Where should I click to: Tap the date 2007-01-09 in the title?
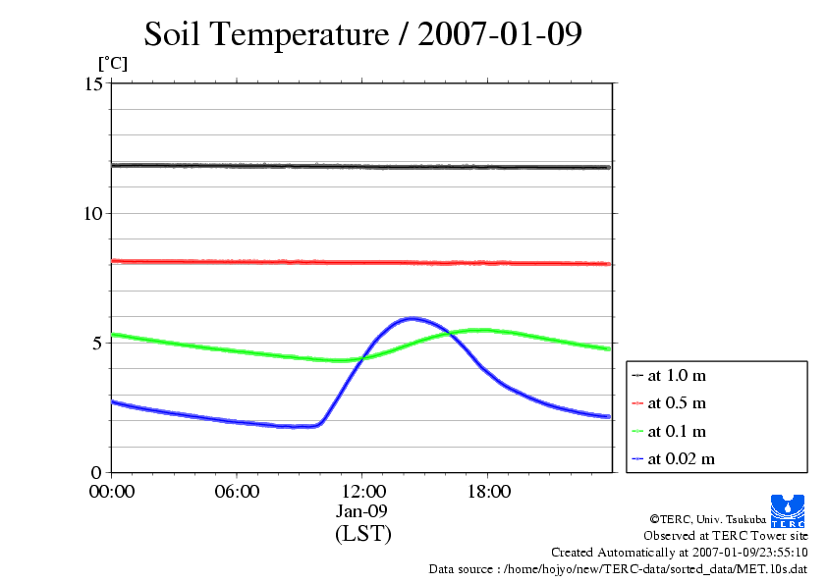tap(501, 34)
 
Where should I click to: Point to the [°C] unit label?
tap(112, 64)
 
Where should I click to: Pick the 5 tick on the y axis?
tap(97, 343)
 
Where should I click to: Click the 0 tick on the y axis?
tap(97, 472)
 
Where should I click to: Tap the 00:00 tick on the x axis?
tap(112, 492)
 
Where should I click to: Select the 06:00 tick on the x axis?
tap(237, 492)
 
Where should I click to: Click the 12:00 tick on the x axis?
tap(362, 492)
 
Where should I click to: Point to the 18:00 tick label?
tap(488, 492)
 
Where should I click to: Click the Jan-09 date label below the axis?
tap(362, 511)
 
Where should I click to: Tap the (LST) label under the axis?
tap(362, 534)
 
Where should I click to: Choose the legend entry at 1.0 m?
tap(677, 375)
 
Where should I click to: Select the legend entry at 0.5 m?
tap(677, 402)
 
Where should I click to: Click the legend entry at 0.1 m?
tap(677, 431)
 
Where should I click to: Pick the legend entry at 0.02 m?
tap(681, 458)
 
